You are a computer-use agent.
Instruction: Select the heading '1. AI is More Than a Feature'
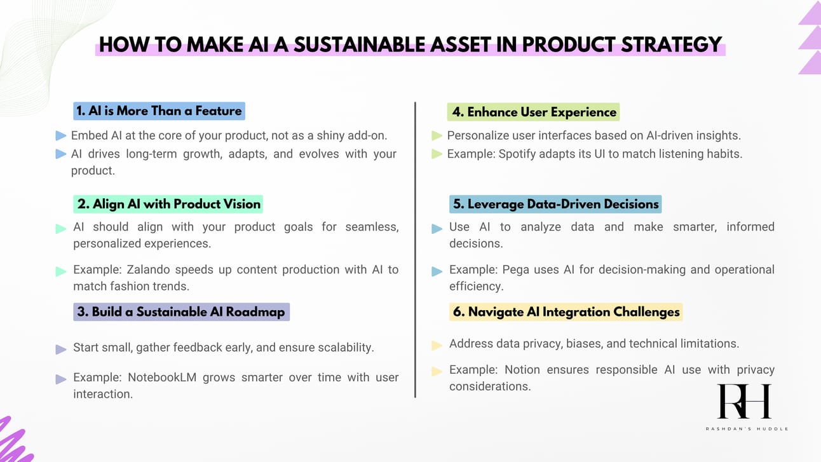point(159,111)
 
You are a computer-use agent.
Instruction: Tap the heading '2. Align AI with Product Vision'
point(168,204)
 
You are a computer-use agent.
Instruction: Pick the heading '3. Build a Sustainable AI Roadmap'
point(182,311)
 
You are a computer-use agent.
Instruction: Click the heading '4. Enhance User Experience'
point(533,112)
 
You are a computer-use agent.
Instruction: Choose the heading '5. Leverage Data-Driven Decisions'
point(555,204)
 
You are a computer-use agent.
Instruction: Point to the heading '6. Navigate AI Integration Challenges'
point(566,311)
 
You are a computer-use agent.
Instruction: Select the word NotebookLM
point(162,377)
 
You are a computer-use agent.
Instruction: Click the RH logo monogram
point(744,401)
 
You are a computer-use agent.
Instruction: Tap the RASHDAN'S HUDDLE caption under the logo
point(747,428)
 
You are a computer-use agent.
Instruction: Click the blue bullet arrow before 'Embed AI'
point(61,135)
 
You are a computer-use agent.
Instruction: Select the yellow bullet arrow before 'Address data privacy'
point(437,346)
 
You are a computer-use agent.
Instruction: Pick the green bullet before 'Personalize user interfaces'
point(437,135)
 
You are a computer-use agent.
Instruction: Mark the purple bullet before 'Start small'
point(61,349)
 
